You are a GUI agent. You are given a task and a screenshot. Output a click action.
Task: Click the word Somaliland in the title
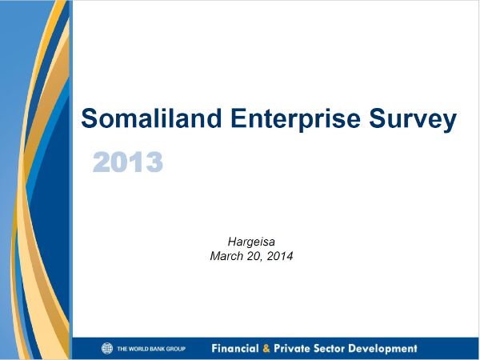[x=151, y=118]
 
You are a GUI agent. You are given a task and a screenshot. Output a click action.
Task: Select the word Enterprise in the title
[x=295, y=120]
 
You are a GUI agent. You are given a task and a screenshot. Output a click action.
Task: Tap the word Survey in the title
[x=413, y=120]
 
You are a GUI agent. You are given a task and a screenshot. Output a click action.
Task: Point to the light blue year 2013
[x=127, y=162]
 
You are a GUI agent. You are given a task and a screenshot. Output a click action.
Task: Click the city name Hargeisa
[x=251, y=242]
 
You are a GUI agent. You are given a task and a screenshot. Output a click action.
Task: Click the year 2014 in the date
[x=280, y=256]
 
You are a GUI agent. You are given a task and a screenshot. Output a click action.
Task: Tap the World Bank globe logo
[x=107, y=348]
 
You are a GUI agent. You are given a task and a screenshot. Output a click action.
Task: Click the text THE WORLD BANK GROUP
[x=151, y=349]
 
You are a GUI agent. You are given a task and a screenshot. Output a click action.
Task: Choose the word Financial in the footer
[x=235, y=348]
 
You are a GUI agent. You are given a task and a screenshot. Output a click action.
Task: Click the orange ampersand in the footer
[x=266, y=348]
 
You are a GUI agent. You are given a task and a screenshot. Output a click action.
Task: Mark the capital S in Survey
[x=376, y=118]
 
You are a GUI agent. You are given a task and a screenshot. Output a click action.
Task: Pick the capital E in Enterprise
[x=238, y=118]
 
